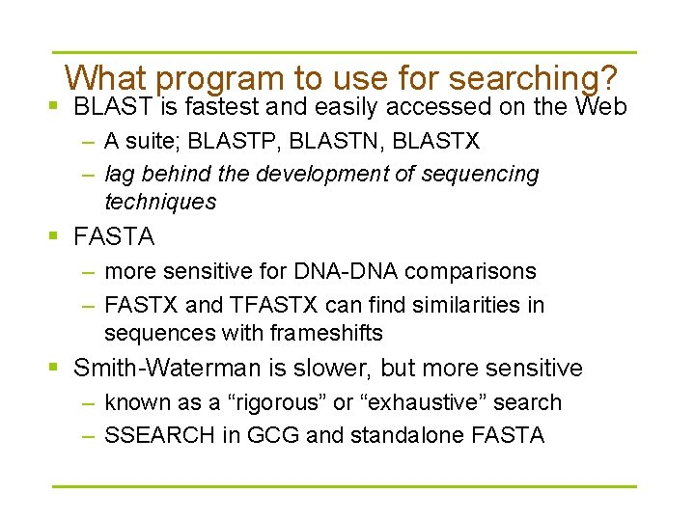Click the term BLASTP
coord(231,142)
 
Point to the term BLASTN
coord(334,142)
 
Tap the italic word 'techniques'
coord(160,202)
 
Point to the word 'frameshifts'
coord(328,334)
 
